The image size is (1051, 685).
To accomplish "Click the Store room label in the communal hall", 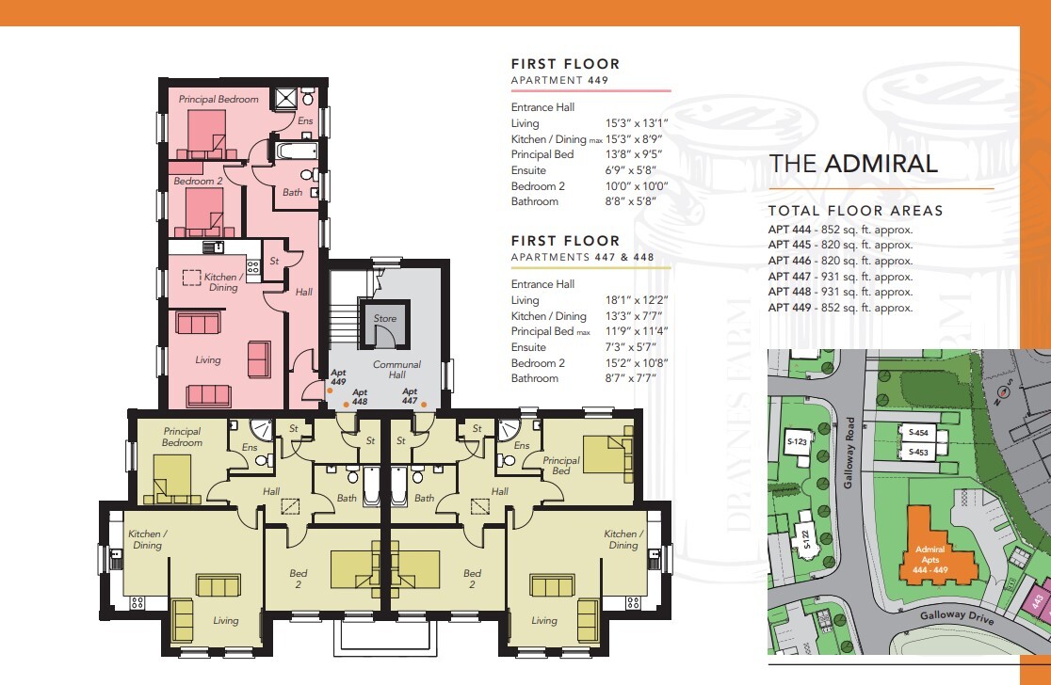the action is click(x=385, y=319).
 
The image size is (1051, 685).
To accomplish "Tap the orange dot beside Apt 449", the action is click(x=330, y=390).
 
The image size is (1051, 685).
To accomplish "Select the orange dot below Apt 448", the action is click(x=346, y=405).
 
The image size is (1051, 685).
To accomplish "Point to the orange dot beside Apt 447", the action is click(x=424, y=405).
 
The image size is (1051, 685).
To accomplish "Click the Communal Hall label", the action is click(x=396, y=370).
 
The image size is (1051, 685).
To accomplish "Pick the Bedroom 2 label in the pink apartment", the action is click(x=198, y=181).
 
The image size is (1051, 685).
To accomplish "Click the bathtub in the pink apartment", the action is click(x=297, y=150).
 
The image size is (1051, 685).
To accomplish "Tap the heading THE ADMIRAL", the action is click(x=852, y=164).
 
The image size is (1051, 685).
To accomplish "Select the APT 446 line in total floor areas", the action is click(x=841, y=261).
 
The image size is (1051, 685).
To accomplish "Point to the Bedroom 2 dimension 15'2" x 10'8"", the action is click(x=636, y=363).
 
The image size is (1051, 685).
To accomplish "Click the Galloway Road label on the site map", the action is click(x=849, y=453).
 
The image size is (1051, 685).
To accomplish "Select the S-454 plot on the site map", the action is click(x=919, y=433).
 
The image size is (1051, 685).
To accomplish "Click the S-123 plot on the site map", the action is click(x=798, y=442).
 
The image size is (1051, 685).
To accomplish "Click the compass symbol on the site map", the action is click(x=1003, y=391).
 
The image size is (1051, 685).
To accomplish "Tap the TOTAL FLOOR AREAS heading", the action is click(x=856, y=211).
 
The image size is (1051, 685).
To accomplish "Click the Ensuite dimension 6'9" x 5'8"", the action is click(x=631, y=170).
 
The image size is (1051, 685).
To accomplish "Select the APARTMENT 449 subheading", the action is click(x=559, y=80).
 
